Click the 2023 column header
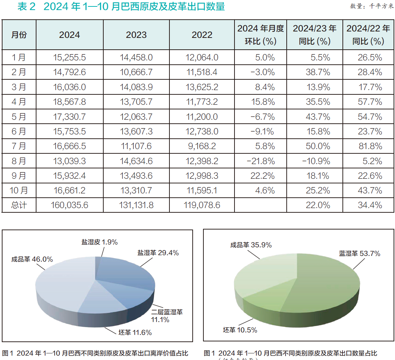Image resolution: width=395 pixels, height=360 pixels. (136, 35)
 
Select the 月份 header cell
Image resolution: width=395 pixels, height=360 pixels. (19, 35)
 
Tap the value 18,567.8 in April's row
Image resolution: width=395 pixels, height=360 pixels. (69, 102)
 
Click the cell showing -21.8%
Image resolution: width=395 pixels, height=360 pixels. (261, 161)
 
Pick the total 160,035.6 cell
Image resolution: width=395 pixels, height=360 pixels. (69, 205)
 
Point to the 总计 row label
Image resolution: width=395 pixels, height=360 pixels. (19, 205)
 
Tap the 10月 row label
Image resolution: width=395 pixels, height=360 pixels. (19, 190)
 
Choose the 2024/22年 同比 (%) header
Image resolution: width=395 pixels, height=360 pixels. (368, 35)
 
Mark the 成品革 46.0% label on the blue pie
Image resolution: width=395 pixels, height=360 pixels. (32, 259)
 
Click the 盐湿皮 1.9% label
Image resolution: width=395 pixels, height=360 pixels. (99, 242)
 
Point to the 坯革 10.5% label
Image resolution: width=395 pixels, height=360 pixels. (240, 330)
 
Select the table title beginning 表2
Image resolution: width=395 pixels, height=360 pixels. (121, 6)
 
